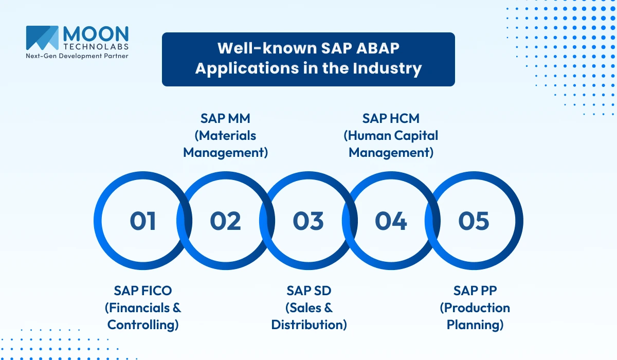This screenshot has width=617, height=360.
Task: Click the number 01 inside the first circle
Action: pos(142,221)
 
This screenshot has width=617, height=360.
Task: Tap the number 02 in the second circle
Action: pos(225,221)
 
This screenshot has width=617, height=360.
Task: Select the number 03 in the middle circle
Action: pos(308,221)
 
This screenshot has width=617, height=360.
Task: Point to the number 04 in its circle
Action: pos(391,221)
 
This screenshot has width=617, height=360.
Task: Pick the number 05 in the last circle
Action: pos(474,221)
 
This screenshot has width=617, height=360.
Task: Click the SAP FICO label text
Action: pos(143,291)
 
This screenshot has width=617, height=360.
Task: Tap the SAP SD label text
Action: pos(309,291)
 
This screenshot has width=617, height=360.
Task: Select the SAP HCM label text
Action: pos(391,118)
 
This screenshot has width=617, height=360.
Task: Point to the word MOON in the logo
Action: pos(96,34)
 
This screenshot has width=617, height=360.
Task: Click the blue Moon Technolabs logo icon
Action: pos(42,37)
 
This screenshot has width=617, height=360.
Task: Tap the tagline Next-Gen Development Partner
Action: pos(77,56)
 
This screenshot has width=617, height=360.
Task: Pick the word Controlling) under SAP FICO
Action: pos(143,325)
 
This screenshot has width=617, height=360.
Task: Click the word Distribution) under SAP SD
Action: pos(309,325)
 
